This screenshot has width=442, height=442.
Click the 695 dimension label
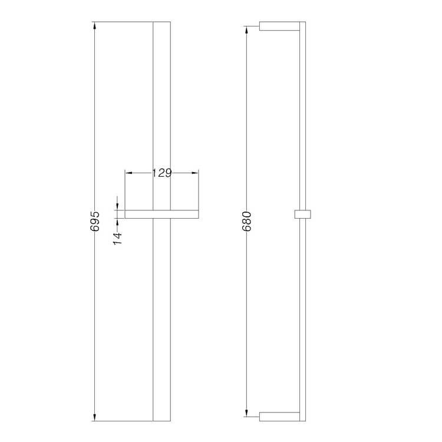tap(95, 221)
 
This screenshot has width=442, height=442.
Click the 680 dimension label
tap(247, 221)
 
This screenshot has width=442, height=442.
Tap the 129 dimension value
tap(162, 173)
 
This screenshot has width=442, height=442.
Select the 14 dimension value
tap(118, 238)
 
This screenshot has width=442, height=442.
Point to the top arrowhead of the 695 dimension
tap(94, 25)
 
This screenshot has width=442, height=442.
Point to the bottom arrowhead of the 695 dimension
tap(94, 417)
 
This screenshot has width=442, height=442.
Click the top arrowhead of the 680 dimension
tap(247, 30)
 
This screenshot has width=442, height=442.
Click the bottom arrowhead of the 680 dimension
tap(247, 413)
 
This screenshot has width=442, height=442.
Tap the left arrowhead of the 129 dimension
tap(128, 173)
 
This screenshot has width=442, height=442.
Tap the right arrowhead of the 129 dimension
tap(195, 173)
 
